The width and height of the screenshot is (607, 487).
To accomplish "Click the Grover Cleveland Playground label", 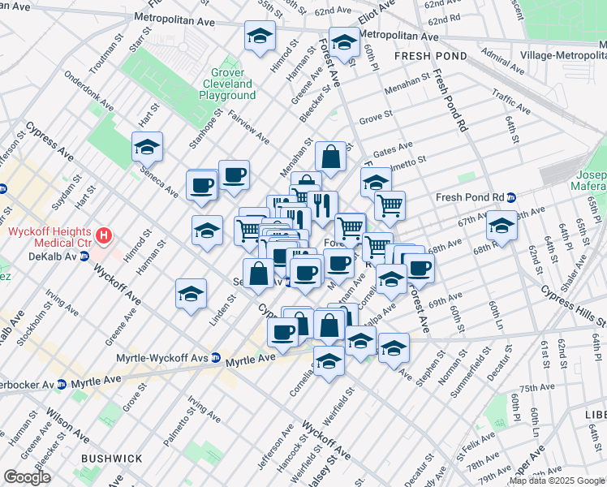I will click(x=227, y=84).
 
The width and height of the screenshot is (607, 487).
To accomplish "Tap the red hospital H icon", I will click(x=103, y=236).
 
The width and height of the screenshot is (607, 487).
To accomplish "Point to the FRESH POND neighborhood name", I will click(x=431, y=56).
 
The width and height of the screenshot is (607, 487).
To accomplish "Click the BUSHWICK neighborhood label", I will click(x=111, y=459).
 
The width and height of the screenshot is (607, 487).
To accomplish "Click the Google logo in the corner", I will click(x=27, y=477).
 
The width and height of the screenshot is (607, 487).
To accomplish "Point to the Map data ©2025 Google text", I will click(x=557, y=481).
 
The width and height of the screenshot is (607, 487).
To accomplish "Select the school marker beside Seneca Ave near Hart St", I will click(x=147, y=147).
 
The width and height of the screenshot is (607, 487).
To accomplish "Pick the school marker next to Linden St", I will click(x=191, y=293).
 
